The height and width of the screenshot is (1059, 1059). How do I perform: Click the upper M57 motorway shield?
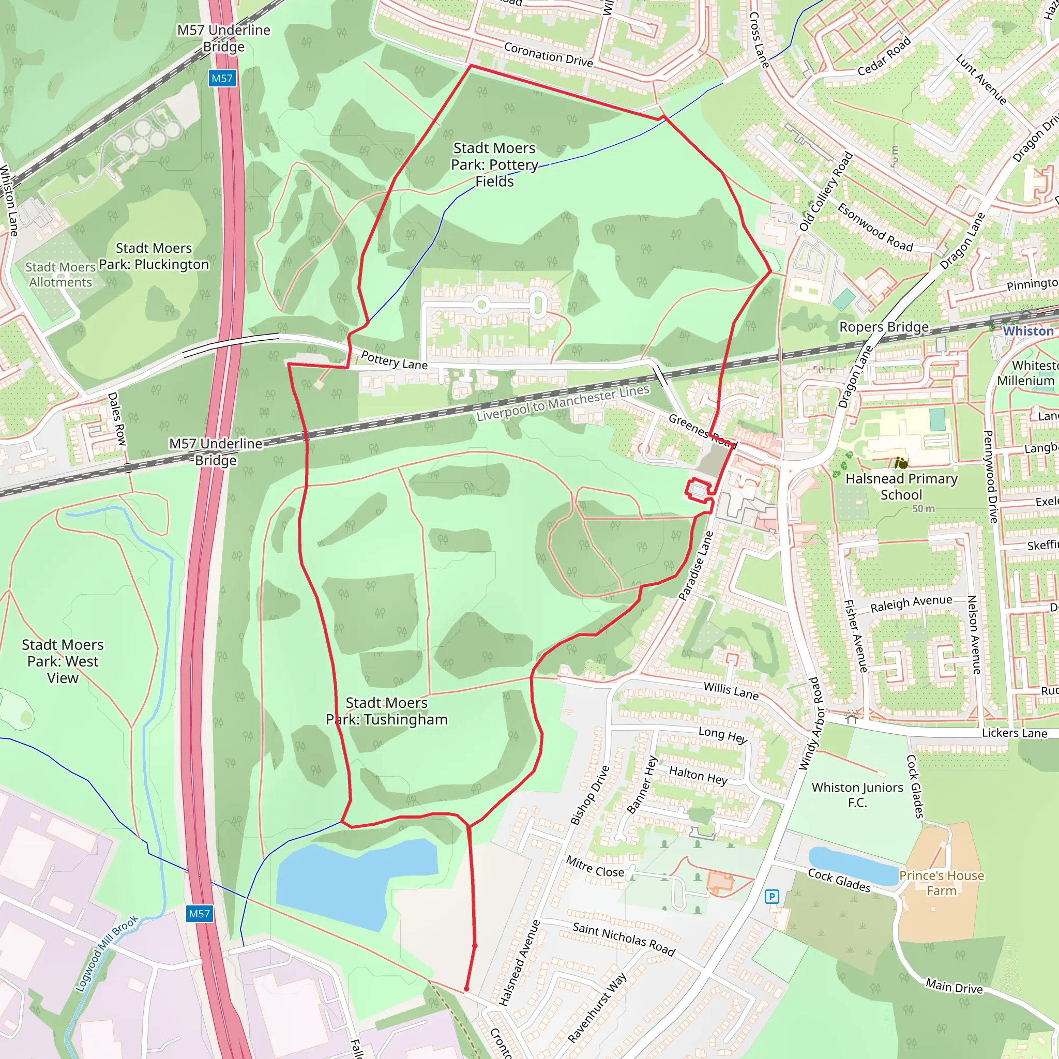[222, 79]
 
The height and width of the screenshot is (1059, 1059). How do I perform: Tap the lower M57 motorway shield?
[199, 914]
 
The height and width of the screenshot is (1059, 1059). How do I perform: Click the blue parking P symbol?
[772, 897]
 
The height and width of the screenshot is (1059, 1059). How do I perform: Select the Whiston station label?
[1028, 331]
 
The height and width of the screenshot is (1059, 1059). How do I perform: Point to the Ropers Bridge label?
[884, 327]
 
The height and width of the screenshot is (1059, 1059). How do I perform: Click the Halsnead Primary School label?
[901, 486]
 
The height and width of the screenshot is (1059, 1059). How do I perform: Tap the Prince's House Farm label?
[941, 883]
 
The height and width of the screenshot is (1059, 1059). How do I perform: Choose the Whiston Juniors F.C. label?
[857, 795]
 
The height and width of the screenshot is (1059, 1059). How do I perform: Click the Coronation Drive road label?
[548, 55]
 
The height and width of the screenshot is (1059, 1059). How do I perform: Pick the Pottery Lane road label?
[394, 361]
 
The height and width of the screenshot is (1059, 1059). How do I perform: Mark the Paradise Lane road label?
[696, 566]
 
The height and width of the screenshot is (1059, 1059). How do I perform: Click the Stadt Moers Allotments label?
[60, 275]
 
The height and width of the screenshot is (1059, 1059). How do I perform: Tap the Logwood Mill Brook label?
[107, 954]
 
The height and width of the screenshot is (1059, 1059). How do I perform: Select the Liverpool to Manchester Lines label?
[563, 403]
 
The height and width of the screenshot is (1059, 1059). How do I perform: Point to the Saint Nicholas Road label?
[624, 939]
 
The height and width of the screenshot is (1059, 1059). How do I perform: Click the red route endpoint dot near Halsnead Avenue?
[466, 989]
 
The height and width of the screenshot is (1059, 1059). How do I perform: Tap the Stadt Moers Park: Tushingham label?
[387, 711]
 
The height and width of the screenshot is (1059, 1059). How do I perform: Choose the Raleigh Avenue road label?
[911, 603]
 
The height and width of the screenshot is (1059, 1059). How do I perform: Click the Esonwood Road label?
[875, 228]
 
